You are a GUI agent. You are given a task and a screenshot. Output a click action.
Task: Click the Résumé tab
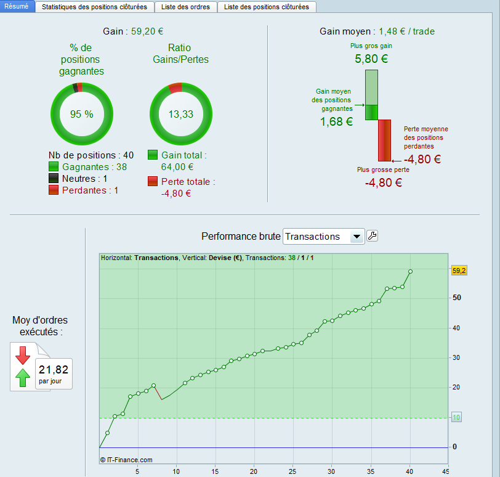point(17,7)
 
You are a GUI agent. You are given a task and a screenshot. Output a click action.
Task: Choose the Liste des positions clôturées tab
point(267,7)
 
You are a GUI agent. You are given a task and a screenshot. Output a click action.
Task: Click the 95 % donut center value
point(81,114)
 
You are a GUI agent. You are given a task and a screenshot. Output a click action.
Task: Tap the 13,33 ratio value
point(181,114)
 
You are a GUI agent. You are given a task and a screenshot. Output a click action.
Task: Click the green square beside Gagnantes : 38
point(54,167)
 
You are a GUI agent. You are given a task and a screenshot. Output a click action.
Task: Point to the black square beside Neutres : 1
point(54,179)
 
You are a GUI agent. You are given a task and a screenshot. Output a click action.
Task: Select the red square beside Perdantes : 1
point(54,190)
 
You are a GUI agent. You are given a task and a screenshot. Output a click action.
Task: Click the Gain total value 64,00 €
point(177,166)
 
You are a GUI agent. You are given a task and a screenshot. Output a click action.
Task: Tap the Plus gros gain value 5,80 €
point(371,59)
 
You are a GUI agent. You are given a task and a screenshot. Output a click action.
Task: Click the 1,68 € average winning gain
point(336,122)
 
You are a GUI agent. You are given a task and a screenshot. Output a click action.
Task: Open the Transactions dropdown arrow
point(356,237)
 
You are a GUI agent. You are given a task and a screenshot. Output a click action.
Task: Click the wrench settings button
point(373,236)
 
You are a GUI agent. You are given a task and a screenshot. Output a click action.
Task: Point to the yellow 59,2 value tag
point(459,271)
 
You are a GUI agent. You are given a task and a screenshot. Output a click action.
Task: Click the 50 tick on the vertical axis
point(457,298)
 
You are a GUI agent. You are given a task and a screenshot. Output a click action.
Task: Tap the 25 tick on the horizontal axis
point(293,471)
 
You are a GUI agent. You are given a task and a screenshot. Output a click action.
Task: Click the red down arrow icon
point(23,355)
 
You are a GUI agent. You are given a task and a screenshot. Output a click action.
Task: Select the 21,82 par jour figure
point(54,370)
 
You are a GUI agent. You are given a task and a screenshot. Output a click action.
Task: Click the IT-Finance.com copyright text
point(126,459)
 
